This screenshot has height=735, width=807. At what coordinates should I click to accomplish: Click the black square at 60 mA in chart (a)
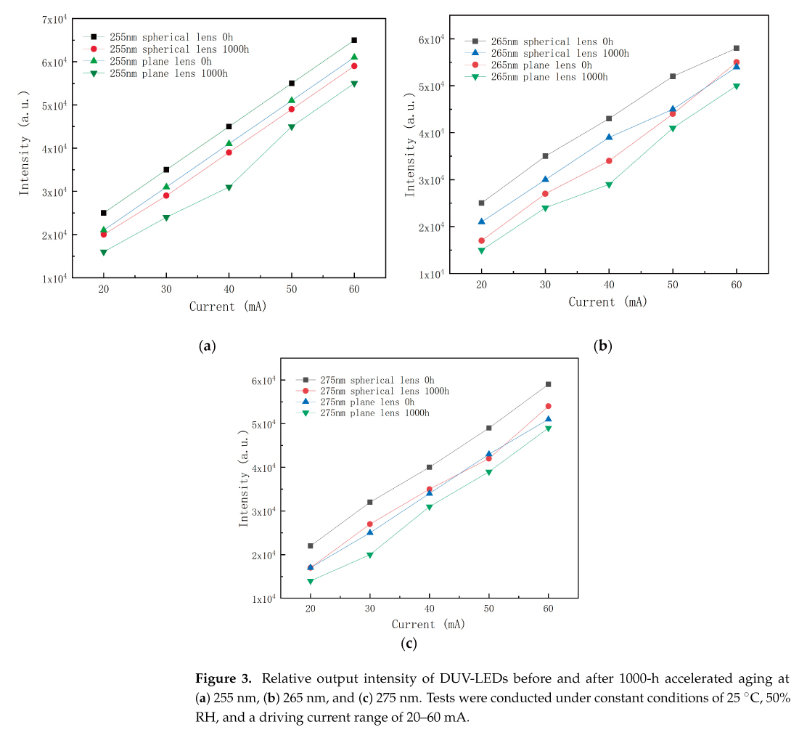tap(354, 40)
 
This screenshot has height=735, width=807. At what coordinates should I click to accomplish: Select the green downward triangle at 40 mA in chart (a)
tap(229, 187)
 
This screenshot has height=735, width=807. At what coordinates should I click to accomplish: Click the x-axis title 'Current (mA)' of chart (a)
tap(228, 306)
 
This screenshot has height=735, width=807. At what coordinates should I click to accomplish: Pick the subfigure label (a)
tap(208, 346)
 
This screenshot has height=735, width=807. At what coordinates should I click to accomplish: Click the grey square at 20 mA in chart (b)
tap(481, 203)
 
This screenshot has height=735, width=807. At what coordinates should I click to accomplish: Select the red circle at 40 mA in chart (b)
tap(609, 161)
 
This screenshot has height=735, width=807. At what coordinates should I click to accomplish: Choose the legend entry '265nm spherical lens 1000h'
tap(560, 53)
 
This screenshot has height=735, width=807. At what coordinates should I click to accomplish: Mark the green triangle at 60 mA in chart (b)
tap(736, 86)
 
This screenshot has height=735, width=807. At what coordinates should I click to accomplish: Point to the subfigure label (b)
tap(602, 346)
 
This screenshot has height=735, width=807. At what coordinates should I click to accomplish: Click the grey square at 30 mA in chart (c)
tap(369, 502)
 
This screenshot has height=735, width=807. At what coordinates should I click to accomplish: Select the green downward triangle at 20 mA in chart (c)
tap(310, 582)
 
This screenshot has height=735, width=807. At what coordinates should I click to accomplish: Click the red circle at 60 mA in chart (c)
tap(548, 406)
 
